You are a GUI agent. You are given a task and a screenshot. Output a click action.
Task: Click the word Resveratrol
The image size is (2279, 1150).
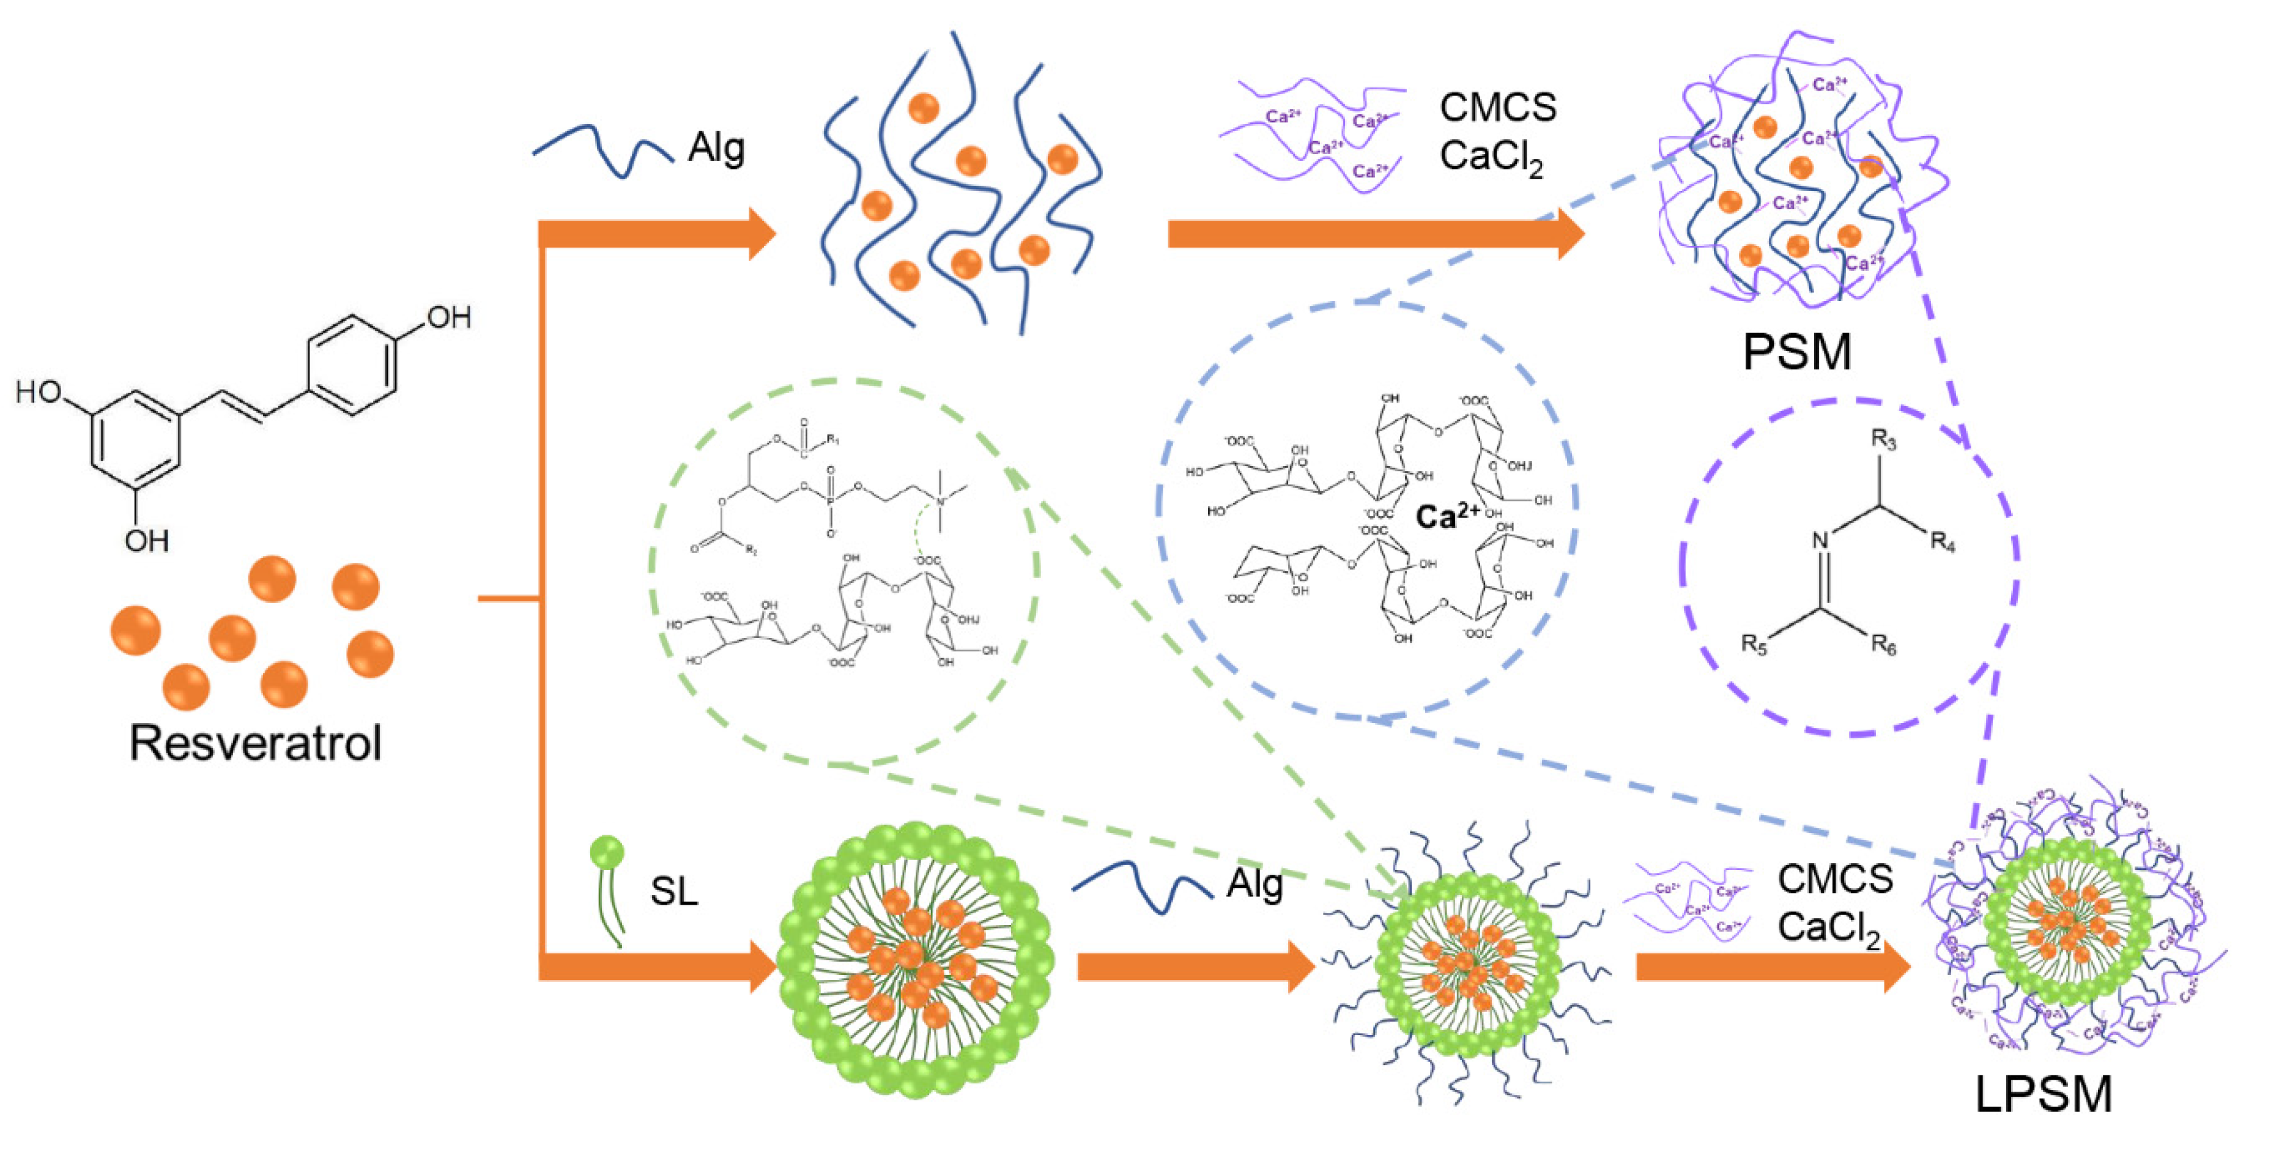pyautogui.click(x=256, y=743)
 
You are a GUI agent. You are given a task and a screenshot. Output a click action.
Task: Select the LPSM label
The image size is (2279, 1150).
pyautogui.click(x=2044, y=1095)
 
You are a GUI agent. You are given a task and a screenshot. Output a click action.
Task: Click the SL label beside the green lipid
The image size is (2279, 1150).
pyautogui.click(x=674, y=891)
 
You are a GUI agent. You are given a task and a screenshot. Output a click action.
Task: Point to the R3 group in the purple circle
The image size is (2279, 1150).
pyautogui.click(x=1883, y=440)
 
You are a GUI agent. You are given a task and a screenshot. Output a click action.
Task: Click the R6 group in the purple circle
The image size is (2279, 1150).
pyautogui.click(x=1883, y=646)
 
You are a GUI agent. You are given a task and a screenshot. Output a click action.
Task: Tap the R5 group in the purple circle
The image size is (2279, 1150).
pyautogui.click(x=1754, y=644)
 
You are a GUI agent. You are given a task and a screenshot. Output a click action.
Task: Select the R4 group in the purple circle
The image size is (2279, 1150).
pyautogui.click(x=1943, y=541)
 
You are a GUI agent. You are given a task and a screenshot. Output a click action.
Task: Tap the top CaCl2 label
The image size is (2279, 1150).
pyautogui.click(x=1492, y=157)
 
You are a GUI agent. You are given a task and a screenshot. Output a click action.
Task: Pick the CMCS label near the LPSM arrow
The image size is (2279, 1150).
pyautogui.click(x=1836, y=879)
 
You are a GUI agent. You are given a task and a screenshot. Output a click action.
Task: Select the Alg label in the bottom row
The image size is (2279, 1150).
pyautogui.click(x=1254, y=884)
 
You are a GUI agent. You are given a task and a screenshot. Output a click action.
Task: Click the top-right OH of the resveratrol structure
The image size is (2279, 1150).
pyautogui.click(x=448, y=317)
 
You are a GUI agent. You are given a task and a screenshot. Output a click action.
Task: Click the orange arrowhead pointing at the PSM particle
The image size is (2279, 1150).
pyautogui.click(x=1569, y=234)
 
